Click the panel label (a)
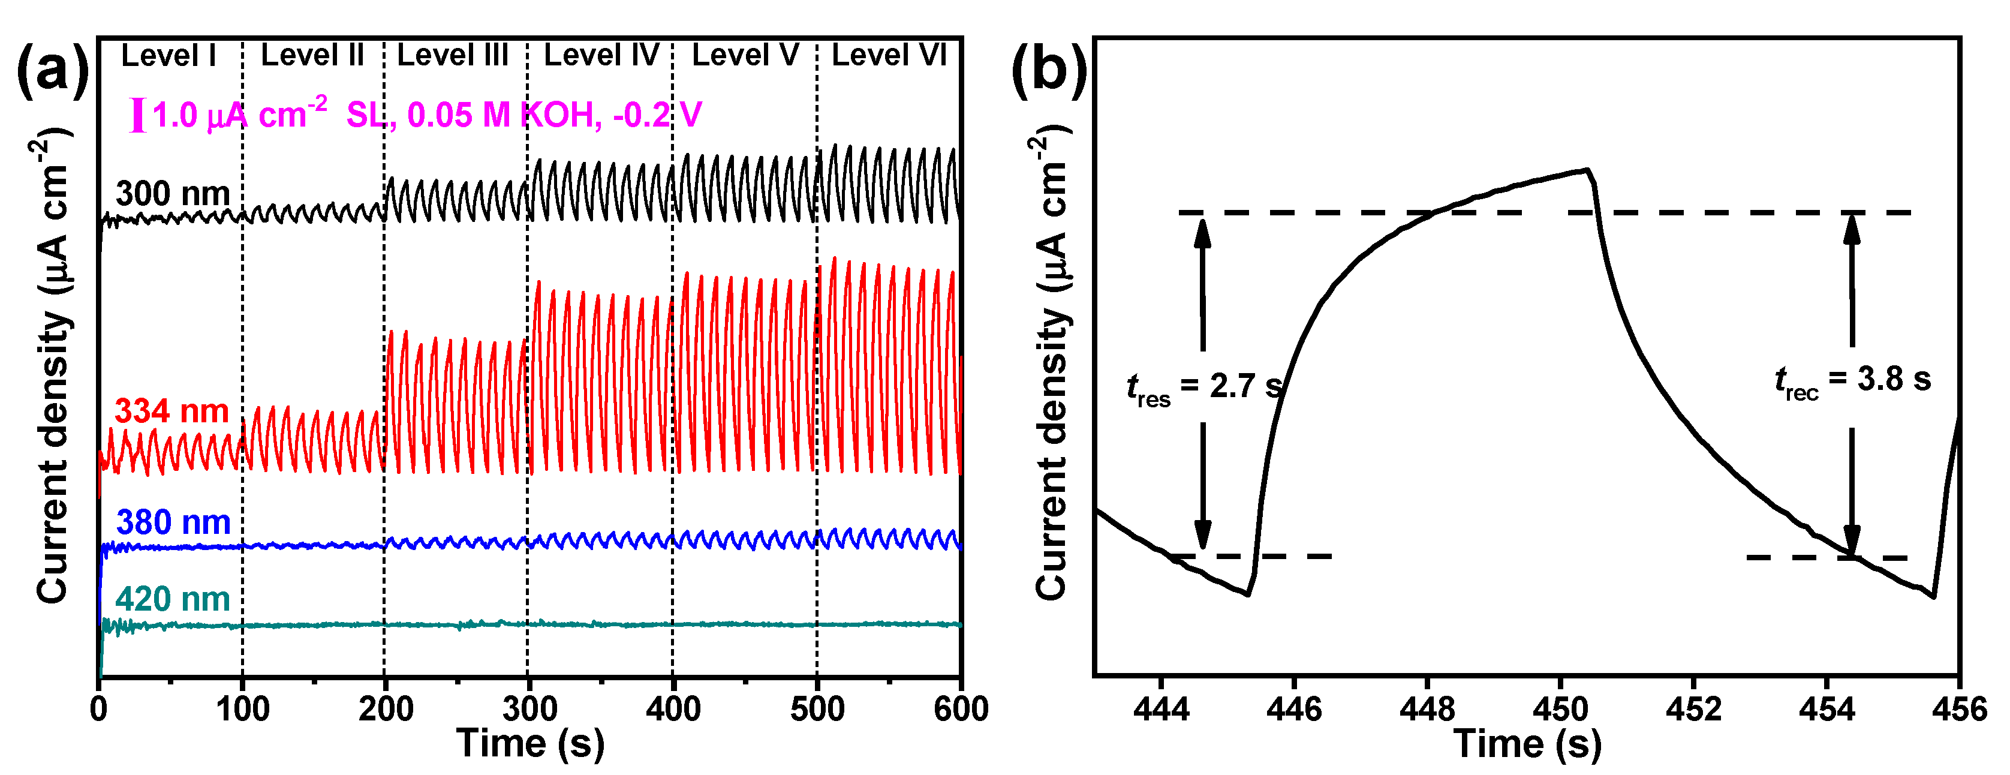click(x=52, y=72)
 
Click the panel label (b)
click(x=1048, y=72)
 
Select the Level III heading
click(x=453, y=55)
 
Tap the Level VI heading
click(x=889, y=55)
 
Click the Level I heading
click(x=168, y=55)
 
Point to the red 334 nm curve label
click(x=171, y=411)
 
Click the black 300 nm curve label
click(x=173, y=194)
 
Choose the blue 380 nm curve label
click(x=173, y=522)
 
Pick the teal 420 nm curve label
click(x=173, y=599)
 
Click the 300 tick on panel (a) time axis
click(x=528, y=708)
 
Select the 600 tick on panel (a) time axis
click(x=961, y=708)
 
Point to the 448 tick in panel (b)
click(x=1427, y=708)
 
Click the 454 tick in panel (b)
click(x=1826, y=708)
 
